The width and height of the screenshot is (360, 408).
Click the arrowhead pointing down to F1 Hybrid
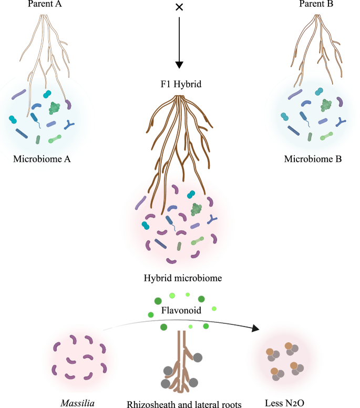180,65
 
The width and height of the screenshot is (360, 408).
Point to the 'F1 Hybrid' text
180,85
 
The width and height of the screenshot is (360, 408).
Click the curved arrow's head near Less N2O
256,329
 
